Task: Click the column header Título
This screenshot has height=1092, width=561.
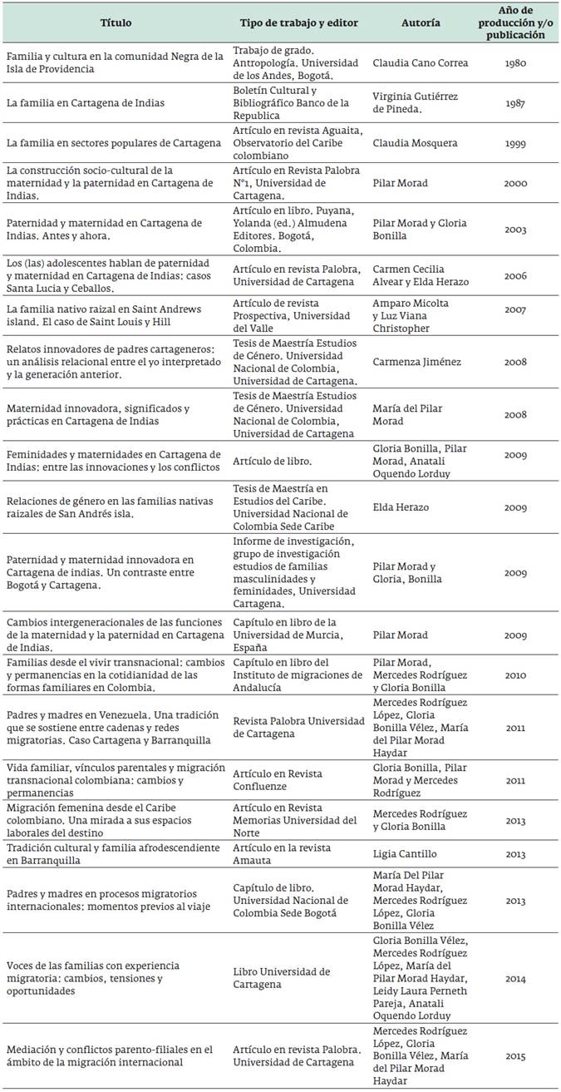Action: click(116, 23)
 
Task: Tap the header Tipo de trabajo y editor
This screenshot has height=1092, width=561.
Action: click(298, 23)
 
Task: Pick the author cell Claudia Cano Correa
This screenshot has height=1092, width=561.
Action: click(421, 63)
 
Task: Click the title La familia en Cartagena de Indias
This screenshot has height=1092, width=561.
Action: click(85, 102)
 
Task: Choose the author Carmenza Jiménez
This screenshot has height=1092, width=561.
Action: click(417, 363)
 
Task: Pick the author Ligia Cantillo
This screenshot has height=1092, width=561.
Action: click(409, 853)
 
